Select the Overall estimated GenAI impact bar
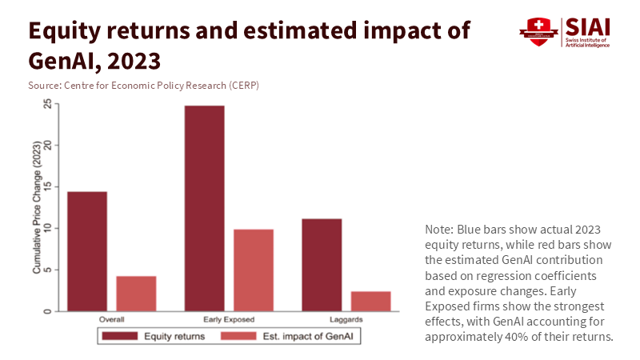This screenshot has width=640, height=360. click(136, 293)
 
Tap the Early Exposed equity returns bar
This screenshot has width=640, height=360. click(205, 208)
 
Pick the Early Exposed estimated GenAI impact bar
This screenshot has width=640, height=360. click(254, 270)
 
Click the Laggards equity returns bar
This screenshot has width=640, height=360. click(322, 264)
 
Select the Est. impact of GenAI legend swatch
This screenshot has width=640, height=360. click(237, 337)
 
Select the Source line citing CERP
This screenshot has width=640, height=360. click(144, 85)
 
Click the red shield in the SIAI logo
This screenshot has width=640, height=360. click(534, 33)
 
